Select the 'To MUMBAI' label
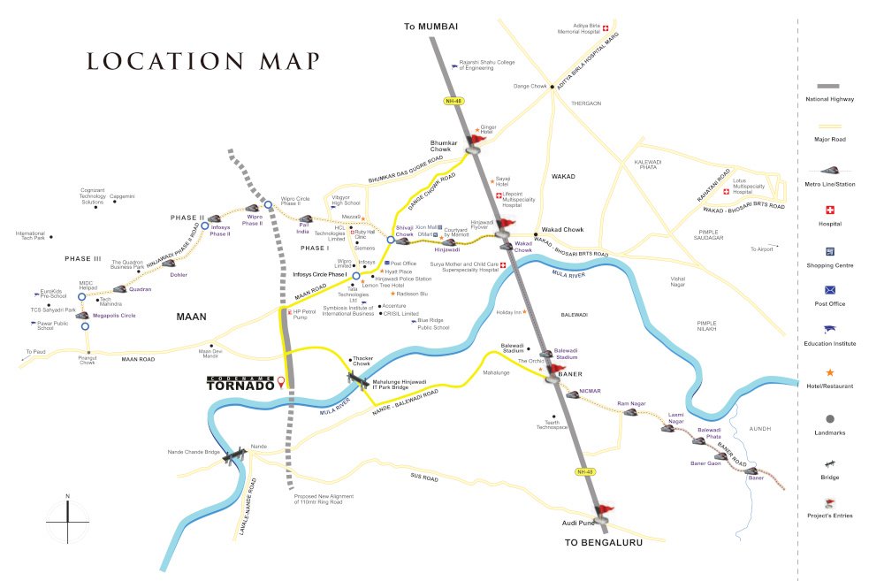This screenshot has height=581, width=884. [x=431, y=27]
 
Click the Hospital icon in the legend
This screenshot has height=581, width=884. [x=828, y=210]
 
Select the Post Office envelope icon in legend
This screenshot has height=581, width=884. [x=828, y=290]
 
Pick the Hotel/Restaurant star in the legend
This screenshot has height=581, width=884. [x=828, y=373]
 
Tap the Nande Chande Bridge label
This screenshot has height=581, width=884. [x=193, y=452]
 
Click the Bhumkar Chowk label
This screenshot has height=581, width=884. [x=446, y=146]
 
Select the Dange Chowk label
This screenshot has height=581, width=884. [x=531, y=86]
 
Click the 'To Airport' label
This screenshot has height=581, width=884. [x=761, y=249]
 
